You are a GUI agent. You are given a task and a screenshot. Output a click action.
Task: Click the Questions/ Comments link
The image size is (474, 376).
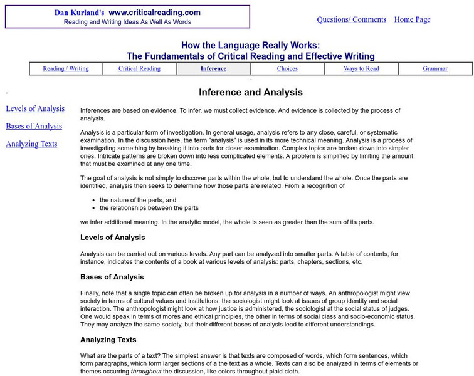coord(351,19)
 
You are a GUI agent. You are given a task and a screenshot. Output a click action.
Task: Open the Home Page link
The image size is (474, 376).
coord(412,19)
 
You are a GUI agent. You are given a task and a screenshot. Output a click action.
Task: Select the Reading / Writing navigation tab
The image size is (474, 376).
coord(66,69)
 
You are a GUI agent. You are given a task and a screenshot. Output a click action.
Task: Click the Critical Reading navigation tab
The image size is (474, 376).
coord(139,69)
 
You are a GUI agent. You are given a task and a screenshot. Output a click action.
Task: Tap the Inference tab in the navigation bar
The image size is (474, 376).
coord(213,69)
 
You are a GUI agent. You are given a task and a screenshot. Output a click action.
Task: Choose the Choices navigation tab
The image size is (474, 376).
coord(287,69)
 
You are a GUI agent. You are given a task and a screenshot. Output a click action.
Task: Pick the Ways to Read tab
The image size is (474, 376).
coord(361,69)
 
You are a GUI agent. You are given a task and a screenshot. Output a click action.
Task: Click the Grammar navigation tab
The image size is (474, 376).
coord(435,69)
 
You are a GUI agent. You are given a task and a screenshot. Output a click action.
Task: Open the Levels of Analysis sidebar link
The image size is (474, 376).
coord(35,108)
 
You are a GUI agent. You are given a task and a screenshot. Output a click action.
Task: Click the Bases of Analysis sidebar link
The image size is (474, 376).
coord(34,126)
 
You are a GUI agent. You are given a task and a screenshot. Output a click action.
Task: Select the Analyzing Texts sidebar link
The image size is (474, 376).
coord(31,144)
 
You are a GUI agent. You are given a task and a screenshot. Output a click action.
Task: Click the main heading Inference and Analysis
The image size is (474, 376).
coord(251,92)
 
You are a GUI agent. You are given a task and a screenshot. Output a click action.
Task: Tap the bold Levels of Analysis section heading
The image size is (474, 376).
coord(113,238)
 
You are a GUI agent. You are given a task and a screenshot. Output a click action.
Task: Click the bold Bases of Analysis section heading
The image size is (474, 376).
coord(112,277)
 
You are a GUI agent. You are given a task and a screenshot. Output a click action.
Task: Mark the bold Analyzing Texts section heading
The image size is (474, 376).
coord(108,340)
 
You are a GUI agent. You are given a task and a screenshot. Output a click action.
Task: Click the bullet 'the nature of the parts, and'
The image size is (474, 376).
coord(139,199)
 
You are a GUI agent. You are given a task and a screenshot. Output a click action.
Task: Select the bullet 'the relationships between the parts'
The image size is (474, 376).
coord(149,207)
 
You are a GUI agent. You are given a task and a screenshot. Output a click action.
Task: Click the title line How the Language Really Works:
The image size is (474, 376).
coord(251,45)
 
